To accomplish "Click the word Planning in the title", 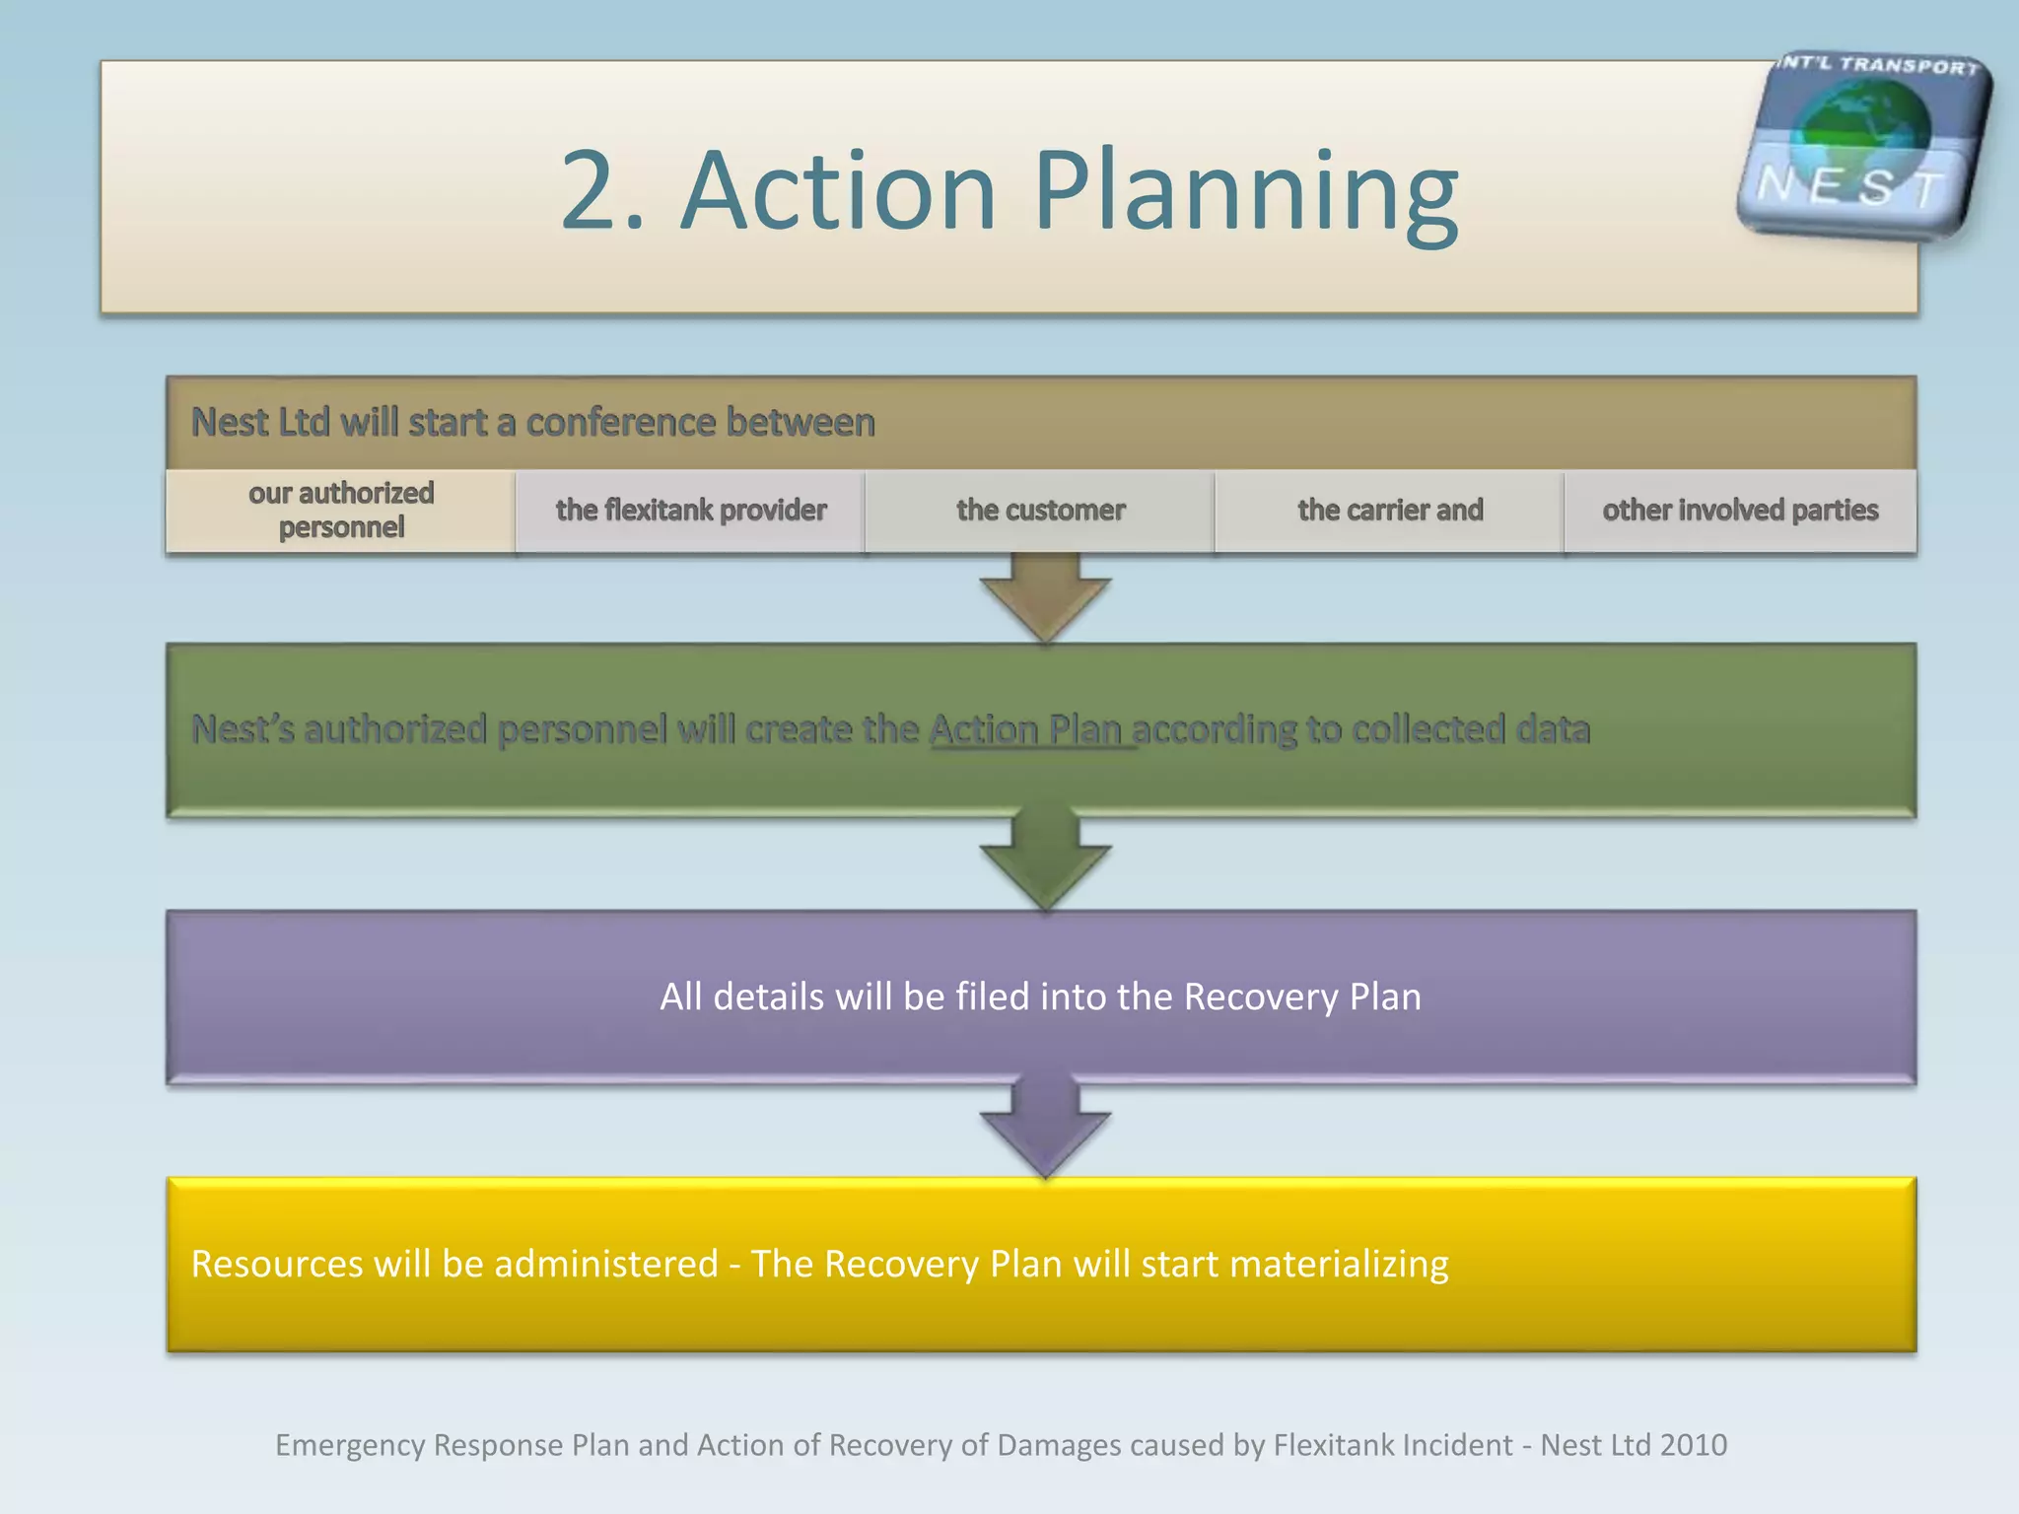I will (x=1246, y=192).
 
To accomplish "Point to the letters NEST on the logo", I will (x=1851, y=186).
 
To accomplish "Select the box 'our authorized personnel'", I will (x=341, y=511).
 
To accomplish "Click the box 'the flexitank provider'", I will (x=690, y=511).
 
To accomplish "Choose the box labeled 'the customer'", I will (x=1040, y=511).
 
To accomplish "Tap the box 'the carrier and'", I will (x=1389, y=511).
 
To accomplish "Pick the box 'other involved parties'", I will (x=1740, y=511).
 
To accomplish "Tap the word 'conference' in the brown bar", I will (x=620, y=423).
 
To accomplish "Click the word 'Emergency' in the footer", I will (x=350, y=1445).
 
